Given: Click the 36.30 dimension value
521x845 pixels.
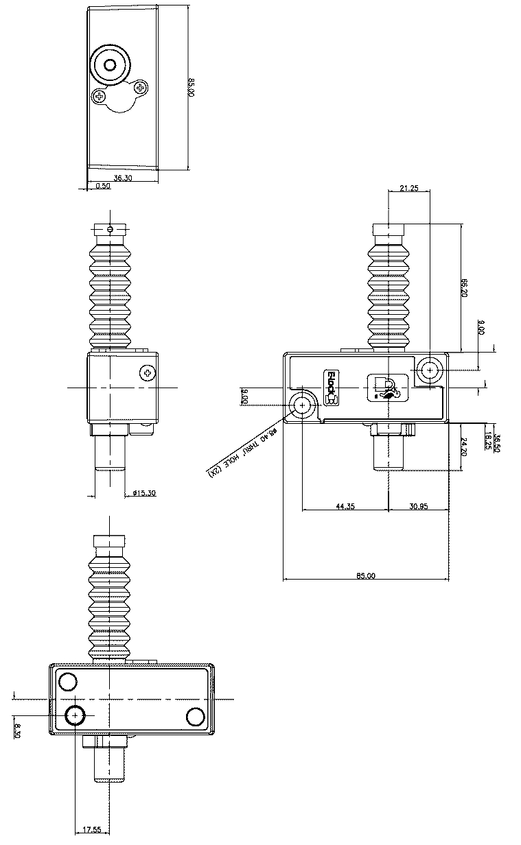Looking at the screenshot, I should click(123, 178).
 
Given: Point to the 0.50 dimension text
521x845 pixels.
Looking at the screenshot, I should click(103, 186).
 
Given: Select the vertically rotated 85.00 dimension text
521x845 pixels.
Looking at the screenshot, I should click(192, 87).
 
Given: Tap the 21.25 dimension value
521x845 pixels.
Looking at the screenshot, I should click(408, 189).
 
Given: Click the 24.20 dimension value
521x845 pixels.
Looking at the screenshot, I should click(464, 447).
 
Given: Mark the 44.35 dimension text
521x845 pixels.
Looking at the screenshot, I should click(345, 506).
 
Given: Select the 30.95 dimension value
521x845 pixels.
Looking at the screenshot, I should click(418, 506).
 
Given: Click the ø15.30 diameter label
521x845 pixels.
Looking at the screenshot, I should click(143, 493).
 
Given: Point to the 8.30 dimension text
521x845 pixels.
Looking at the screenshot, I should click(18, 731).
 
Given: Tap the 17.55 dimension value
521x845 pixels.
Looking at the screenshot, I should click(92, 830).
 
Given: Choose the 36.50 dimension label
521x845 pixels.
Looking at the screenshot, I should click(496, 444).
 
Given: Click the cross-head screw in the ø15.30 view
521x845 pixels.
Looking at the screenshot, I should click(147, 373).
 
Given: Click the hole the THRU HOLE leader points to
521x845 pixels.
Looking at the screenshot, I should click(302, 406).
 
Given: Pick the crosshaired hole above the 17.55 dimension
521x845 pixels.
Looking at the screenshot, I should click(75, 715).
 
